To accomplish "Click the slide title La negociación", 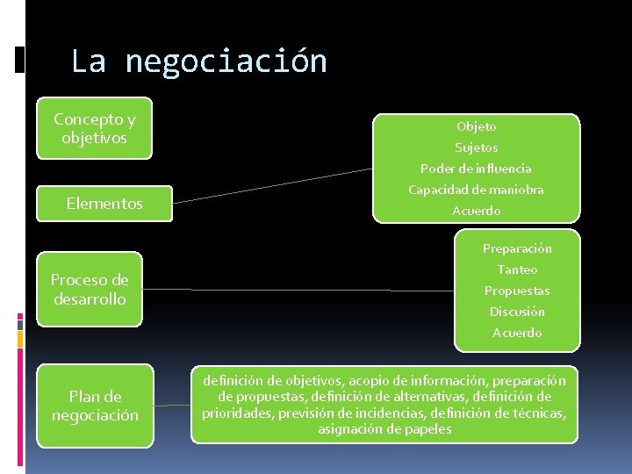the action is pos(198,61).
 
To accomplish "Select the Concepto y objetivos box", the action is pos(94,128).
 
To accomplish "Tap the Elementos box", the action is pos(104,204).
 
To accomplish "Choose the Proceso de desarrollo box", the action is pos(90,290).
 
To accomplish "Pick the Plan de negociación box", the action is pos(96,406).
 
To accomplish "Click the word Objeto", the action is pos(476,126).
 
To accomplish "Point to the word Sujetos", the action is pos(476,147).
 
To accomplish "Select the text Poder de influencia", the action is pos(476,169).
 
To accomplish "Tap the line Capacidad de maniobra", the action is pos(476,190).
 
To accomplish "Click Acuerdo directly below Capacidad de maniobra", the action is pos(476,211).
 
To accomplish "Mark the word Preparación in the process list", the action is pos(517,248).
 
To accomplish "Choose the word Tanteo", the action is pos(517,269).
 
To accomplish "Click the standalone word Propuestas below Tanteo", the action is pos(517,291).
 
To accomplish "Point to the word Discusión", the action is pos(517,312).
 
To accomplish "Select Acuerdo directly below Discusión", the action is pos(517,333).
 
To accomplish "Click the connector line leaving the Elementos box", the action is pos(272,185).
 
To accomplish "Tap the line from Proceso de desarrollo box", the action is pos(298,290).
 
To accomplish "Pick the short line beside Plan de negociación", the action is pos(171,406).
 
